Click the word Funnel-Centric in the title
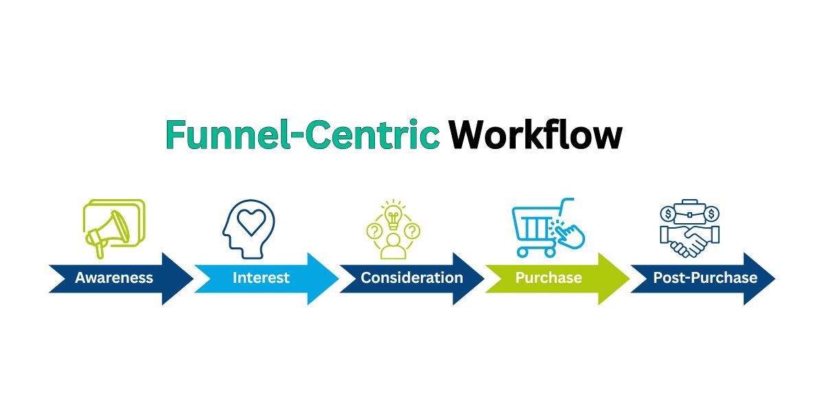pos(302,135)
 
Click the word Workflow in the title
pos(536,135)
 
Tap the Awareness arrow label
pos(114,278)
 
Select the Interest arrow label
pos(261,278)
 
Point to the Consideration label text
pos(412,278)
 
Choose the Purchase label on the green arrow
pos(549,278)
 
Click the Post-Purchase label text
pos(705,278)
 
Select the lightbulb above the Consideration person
pos(393,216)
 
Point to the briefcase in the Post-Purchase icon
pos(689,211)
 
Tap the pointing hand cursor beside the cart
pos(571,233)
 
